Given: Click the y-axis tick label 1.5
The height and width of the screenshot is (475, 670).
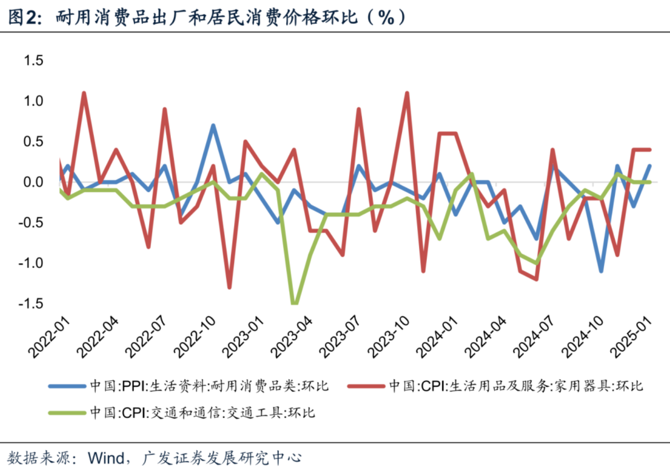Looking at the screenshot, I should pos(33,60).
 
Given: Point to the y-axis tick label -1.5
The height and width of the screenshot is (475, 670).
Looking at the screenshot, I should pos(31,303).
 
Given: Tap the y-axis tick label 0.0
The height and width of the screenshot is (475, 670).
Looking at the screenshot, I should pos(33,182).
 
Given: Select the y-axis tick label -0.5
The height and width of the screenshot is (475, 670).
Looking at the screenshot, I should pos(31,223).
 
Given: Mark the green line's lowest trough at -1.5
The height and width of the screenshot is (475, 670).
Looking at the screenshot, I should pos(294,303).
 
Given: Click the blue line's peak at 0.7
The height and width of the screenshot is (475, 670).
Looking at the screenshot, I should pos(213,125).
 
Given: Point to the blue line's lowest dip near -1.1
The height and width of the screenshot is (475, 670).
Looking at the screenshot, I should pos(601,271).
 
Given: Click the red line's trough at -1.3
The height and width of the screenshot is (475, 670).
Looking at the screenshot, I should pos(230,287).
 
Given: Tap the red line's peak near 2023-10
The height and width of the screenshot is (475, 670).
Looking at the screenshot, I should pos(407,93).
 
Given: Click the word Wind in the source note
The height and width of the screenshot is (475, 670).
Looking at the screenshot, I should pos(106,458).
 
